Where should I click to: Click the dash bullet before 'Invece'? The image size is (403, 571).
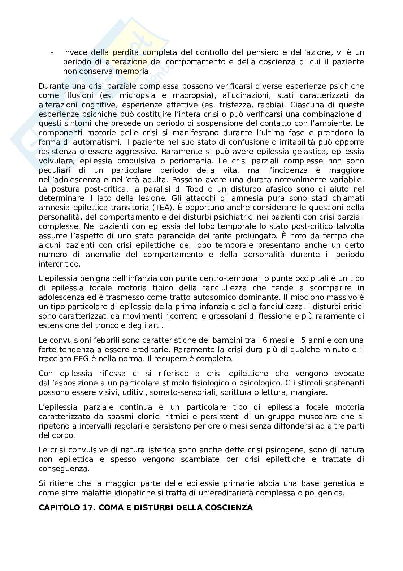click(53, 53)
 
